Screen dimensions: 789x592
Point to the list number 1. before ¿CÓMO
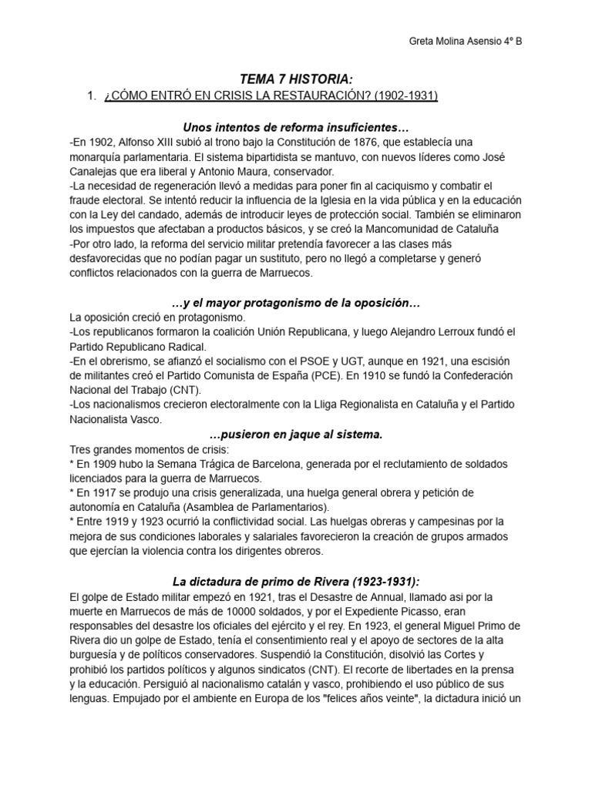tap(92, 96)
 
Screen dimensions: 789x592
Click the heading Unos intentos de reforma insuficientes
tap(295, 126)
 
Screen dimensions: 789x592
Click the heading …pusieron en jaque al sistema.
tap(295, 435)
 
